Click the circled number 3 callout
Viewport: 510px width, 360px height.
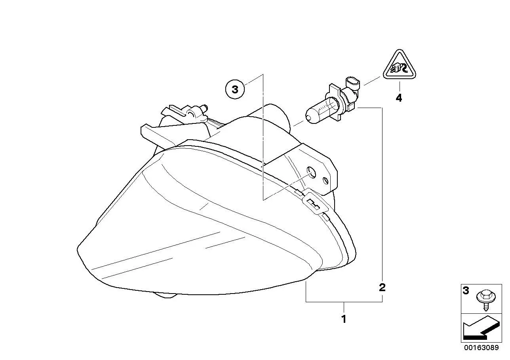(235, 89)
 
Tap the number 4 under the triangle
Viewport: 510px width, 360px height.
(399, 98)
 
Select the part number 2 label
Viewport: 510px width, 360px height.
(382, 288)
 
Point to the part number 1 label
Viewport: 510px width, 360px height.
(344, 319)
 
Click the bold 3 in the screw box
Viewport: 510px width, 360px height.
(466, 291)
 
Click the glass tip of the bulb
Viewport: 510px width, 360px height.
(309, 119)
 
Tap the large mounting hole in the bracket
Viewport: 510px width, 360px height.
(311, 172)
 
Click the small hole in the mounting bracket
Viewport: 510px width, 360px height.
(326, 181)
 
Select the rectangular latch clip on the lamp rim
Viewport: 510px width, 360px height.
(315, 202)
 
